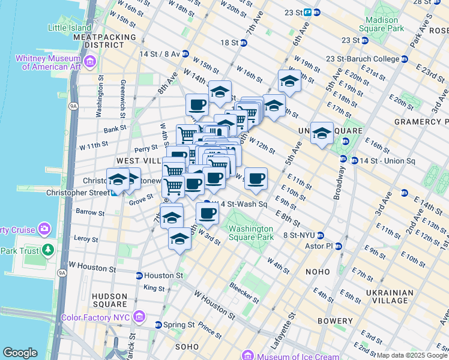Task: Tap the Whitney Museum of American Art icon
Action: [x=90, y=62]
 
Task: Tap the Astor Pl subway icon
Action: [x=339, y=246]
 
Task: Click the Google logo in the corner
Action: [x=20, y=353]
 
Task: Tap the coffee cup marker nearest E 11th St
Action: [x=256, y=178]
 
